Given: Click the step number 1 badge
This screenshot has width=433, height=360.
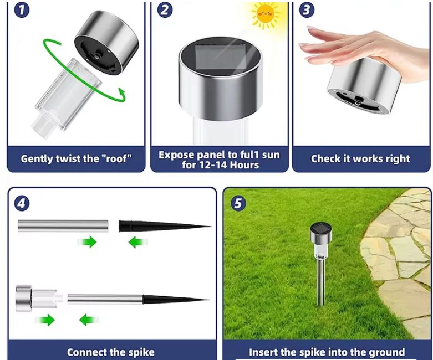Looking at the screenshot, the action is pyautogui.click(x=22, y=10).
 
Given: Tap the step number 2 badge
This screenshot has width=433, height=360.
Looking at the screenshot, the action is pyautogui.click(x=165, y=10).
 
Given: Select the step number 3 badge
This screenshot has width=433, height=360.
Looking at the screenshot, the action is pyautogui.click(x=307, y=10).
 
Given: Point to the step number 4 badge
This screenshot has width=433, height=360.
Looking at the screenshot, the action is pyautogui.click(x=22, y=204).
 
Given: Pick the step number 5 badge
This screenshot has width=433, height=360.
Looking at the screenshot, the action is pyautogui.click(x=238, y=204).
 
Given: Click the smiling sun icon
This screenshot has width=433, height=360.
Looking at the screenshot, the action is pyautogui.click(x=266, y=14).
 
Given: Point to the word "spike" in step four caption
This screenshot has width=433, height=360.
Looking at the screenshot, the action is pyautogui.click(x=141, y=353).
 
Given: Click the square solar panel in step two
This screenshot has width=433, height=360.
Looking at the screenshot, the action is pyautogui.click(x=220, y=58).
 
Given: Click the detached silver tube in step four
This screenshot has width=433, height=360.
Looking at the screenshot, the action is pyautogui.click(x=63, y=225).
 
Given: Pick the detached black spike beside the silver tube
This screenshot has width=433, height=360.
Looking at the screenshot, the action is pyautogui.click(x=165, y=226).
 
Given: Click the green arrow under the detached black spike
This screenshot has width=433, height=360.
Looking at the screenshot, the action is pyautogui.click(x=138, y=242).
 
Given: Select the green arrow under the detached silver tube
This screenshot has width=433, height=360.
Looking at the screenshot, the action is pyautogui.click(x=87, y=242).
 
